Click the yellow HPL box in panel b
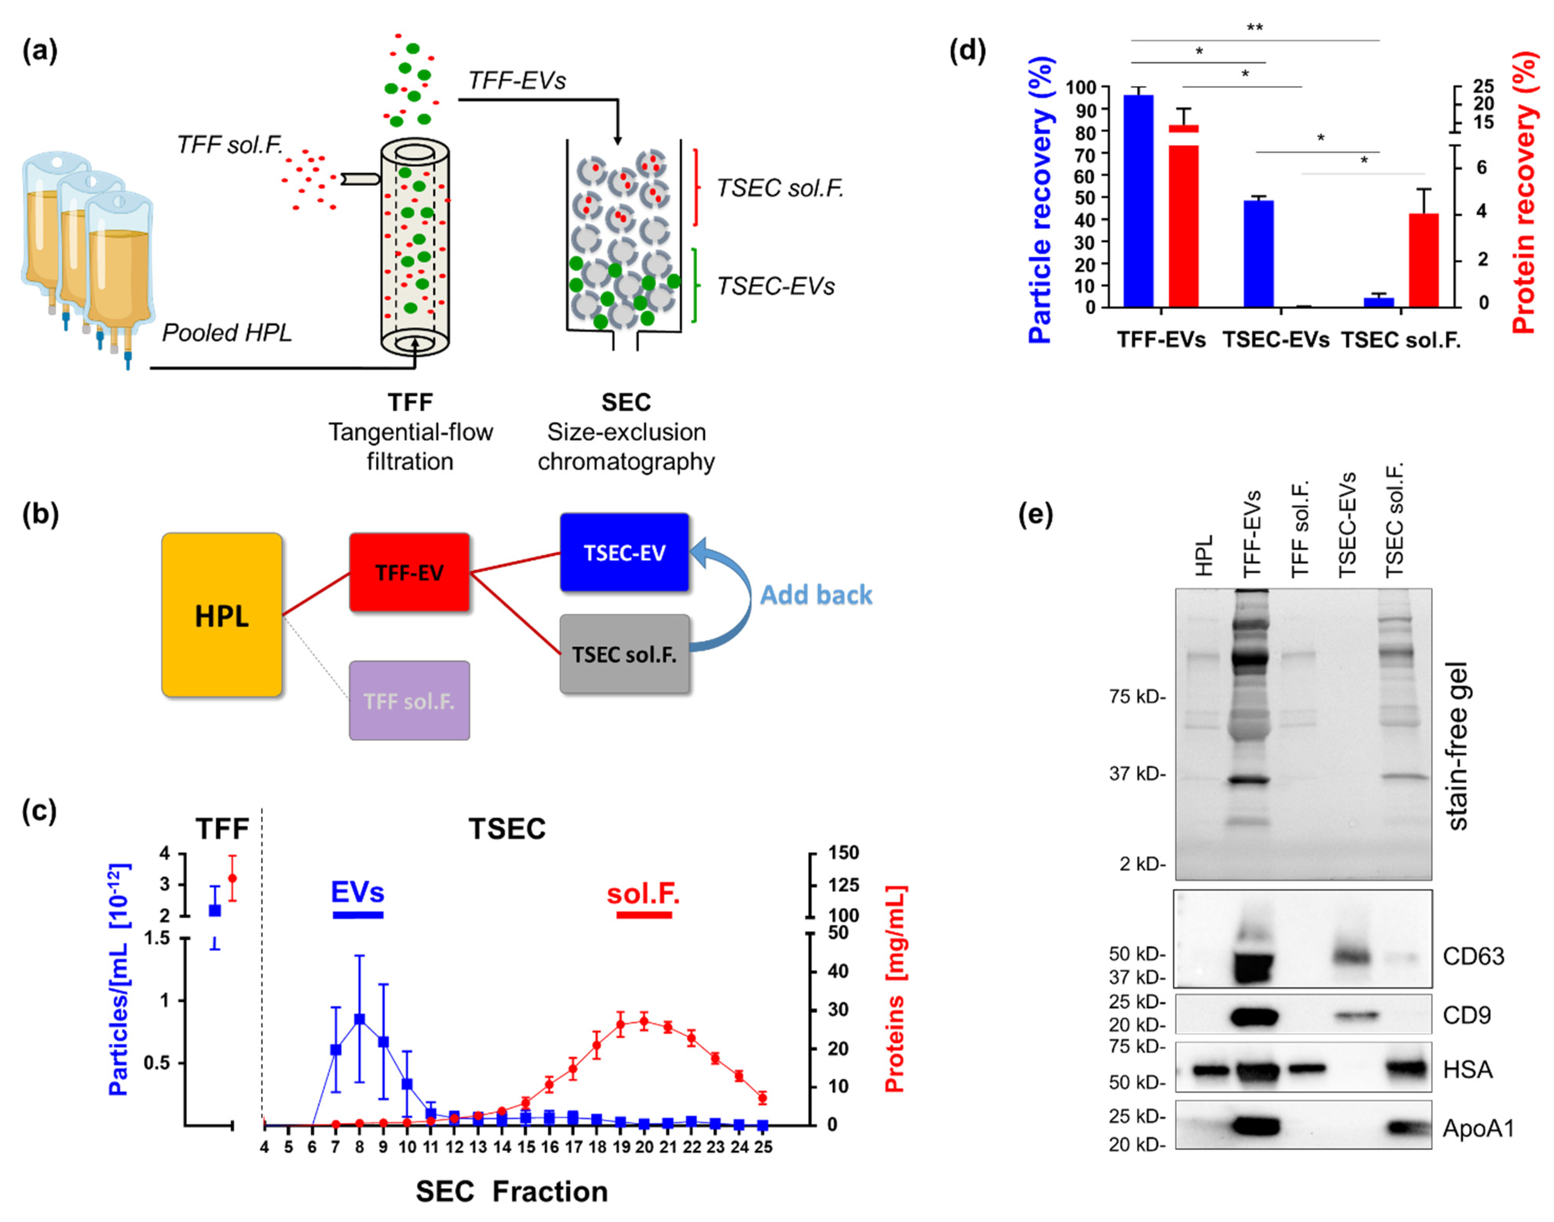[222, 615]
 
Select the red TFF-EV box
[409, 572]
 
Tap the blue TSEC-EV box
[624, 552]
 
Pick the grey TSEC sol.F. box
[624, 654]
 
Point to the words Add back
[816, 595]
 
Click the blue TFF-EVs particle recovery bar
[1138, 200]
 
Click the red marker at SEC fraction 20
[644, 1022]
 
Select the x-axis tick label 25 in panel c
[763, 1147]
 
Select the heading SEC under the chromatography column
[626, 402]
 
